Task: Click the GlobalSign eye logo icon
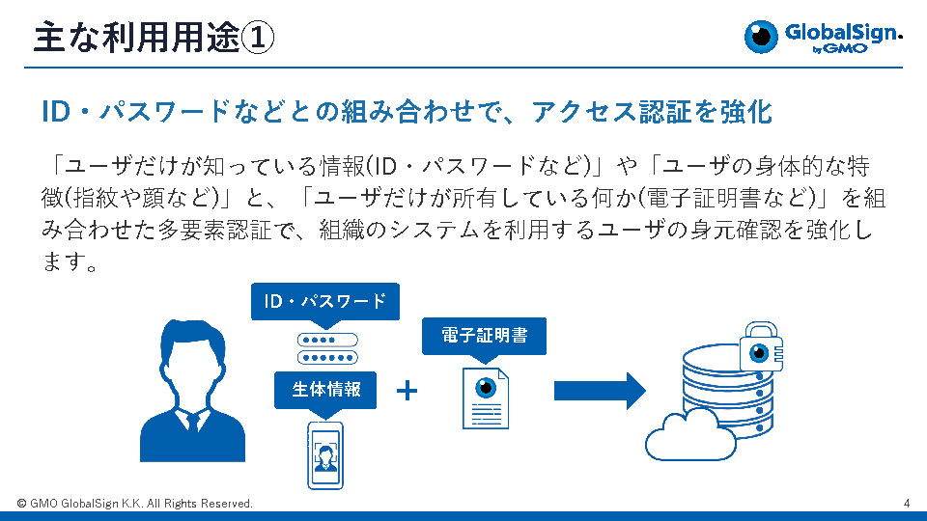pyautogui.click(x=762, y=37)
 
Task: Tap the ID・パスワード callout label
pyautogui.click(x=324, y=302)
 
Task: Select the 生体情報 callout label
pyautogui.click(x=326, y=389)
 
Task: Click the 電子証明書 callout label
pyautogui.click(x=484, y=335)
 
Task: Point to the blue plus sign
pyautogui.click(x=407, y=391)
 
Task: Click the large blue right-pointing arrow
pyautogui.click(x=599, y=390)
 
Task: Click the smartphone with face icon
pyautogui.click(x=324, y=454)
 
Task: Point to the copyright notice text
pyautogui.click(x=135, y=504)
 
